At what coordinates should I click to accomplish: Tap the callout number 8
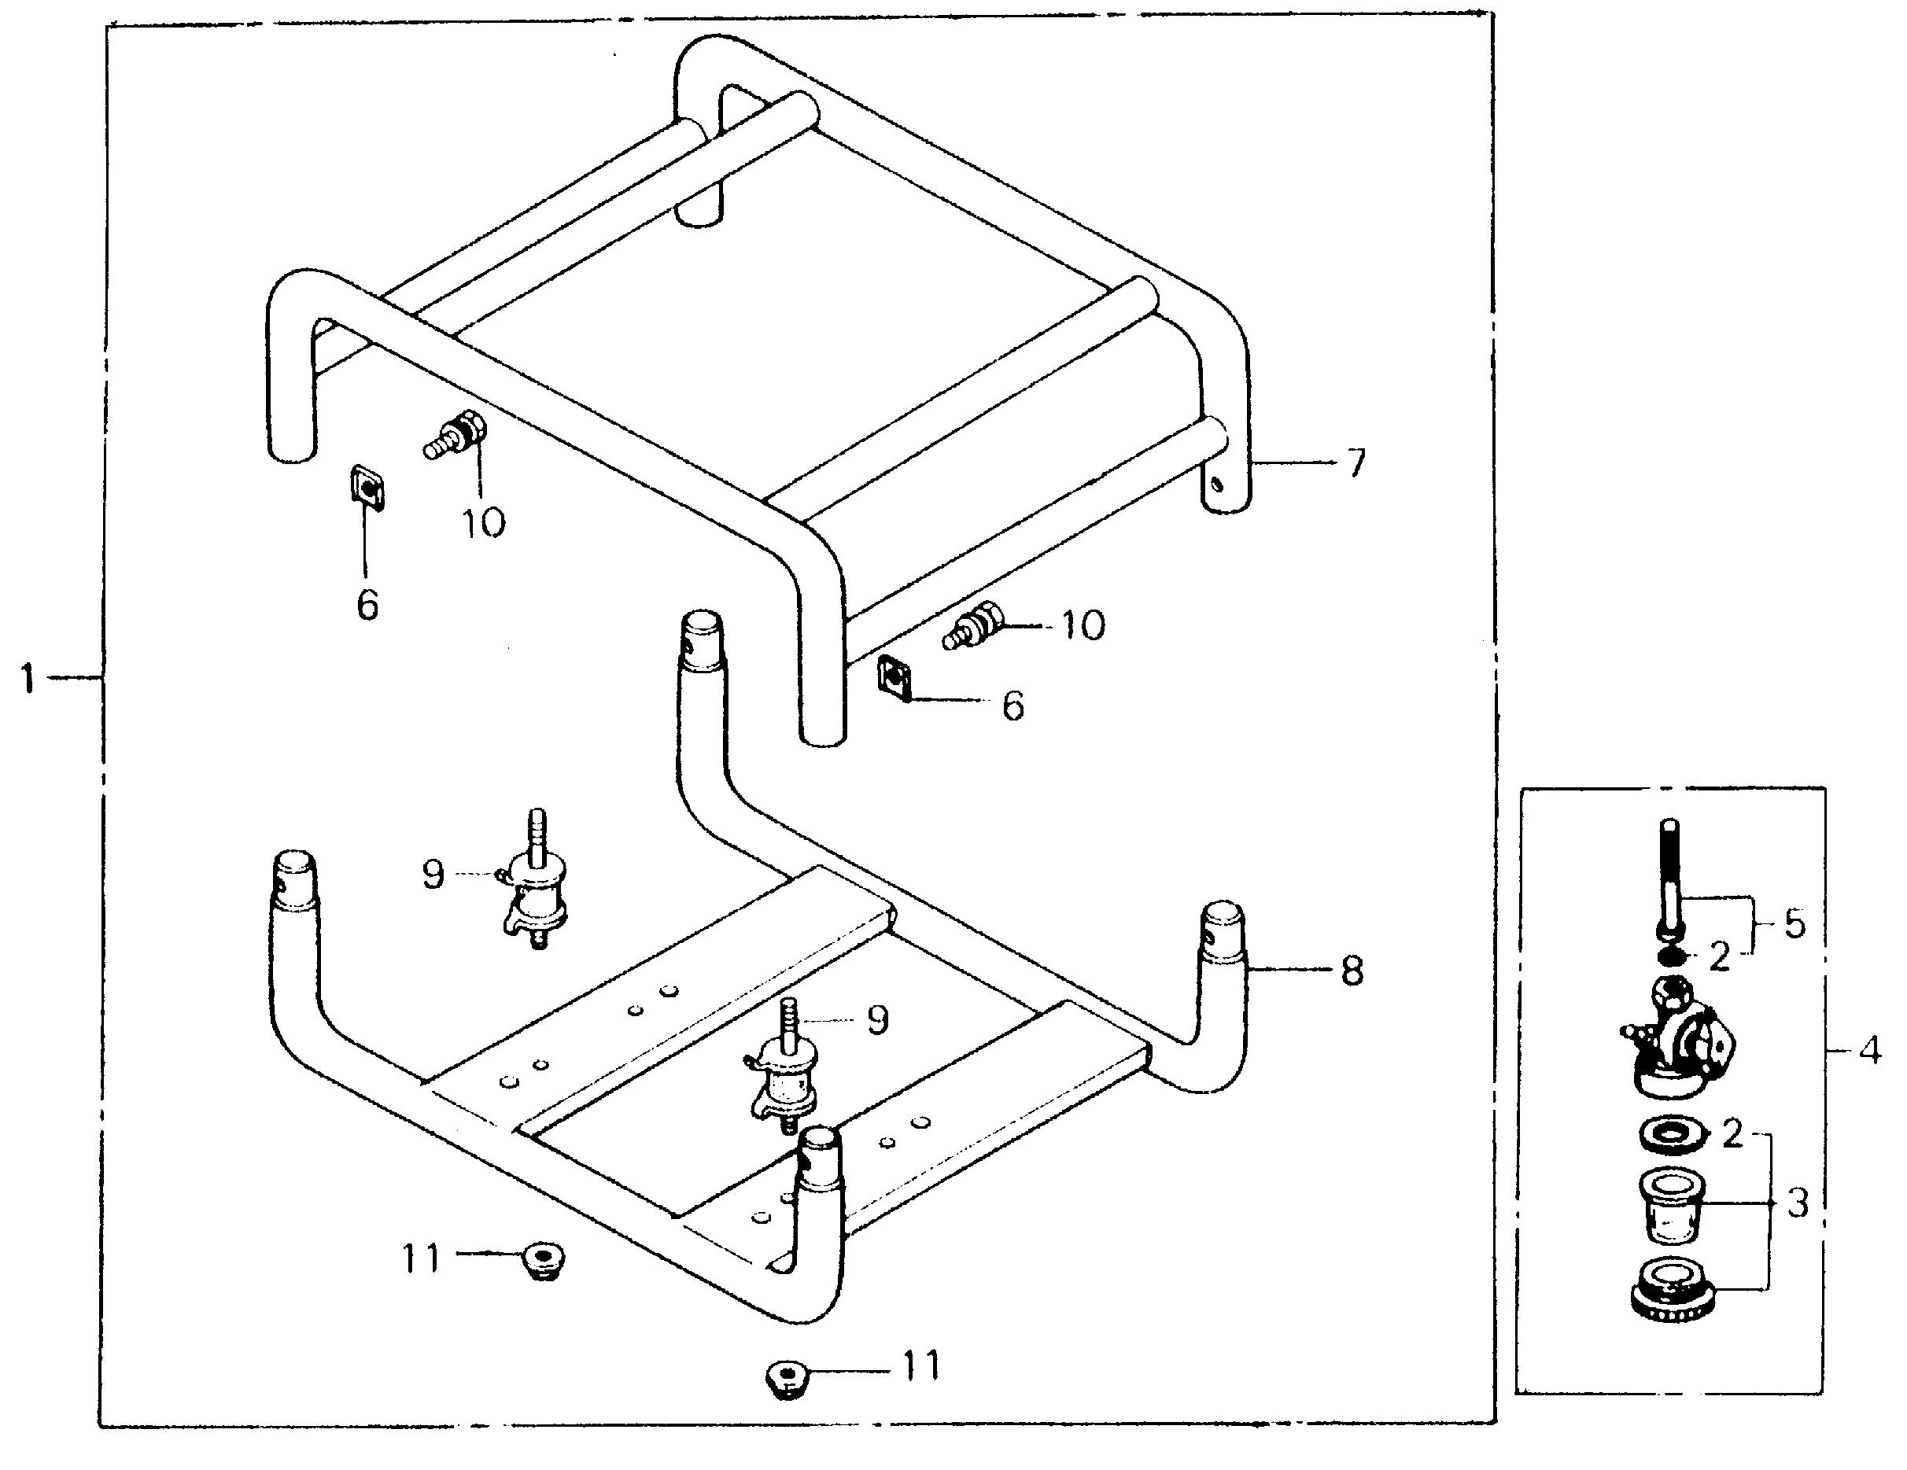click(1352, 970)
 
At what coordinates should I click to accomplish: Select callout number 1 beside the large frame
click(29, 677)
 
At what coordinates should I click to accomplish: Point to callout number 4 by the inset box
click(1869, 1052)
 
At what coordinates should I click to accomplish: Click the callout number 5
click(1794, 923)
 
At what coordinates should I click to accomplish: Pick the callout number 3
click(1797, 1203)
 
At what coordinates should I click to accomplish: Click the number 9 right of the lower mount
click(877, 1019)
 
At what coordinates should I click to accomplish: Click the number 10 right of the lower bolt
click(1083, 625)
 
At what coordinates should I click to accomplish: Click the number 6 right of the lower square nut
click(1013, 706)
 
